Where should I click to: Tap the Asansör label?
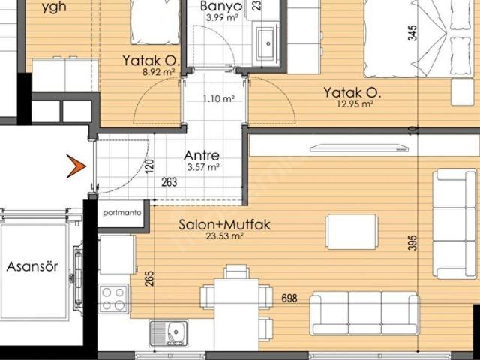coord(28,266)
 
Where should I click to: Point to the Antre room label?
coord(202,156)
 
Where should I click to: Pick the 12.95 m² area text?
coord(357,104)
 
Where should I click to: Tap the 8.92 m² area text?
coord(158,72)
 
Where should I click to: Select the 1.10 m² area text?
coord(219,98)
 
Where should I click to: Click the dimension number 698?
coord(289,298)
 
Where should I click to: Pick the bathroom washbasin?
coord(267,43)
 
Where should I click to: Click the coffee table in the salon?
coord(351,232)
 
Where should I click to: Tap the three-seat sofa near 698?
coord(364,313)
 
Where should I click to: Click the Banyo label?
coord(220,7)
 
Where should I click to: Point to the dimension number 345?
coord(411,34)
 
